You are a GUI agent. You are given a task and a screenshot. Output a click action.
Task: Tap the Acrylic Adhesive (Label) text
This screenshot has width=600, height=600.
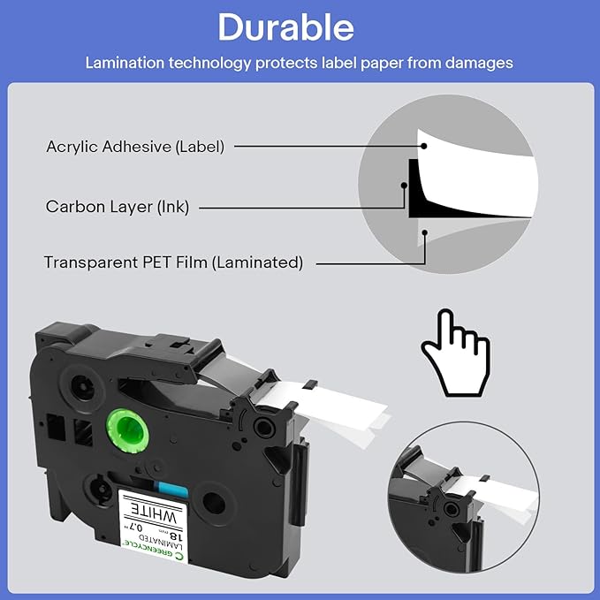[135, 146]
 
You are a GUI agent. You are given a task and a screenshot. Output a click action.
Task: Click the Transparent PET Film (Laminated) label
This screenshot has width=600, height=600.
[174, 262]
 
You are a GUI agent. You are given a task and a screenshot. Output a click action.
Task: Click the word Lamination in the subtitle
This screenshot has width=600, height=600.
[123, 64]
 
